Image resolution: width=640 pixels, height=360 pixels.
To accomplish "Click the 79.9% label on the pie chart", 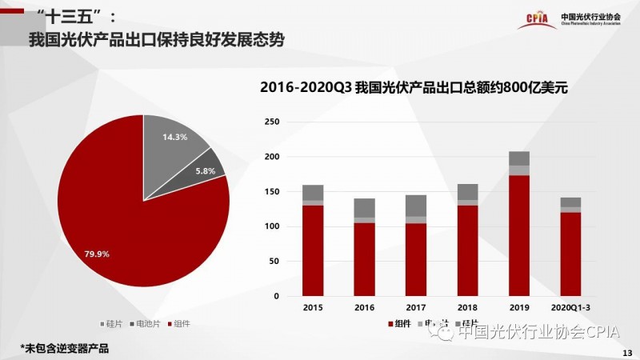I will coord(97,254).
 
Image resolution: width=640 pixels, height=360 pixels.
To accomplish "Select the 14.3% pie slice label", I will coord(174,137).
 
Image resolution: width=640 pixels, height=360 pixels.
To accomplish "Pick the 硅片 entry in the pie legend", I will coord(111,324).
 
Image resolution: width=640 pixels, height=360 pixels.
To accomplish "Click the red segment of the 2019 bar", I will coord(519,236).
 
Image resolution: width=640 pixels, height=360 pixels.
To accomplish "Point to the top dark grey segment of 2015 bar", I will coord(313,193).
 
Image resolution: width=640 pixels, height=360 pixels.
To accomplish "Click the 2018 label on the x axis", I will coord(468,306).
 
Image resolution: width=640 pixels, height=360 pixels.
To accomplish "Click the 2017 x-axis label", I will coord(416,306).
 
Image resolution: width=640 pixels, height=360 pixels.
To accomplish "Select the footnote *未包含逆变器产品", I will coord(64,348).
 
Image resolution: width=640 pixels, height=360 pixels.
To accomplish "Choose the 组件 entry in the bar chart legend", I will coord(400,324).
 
